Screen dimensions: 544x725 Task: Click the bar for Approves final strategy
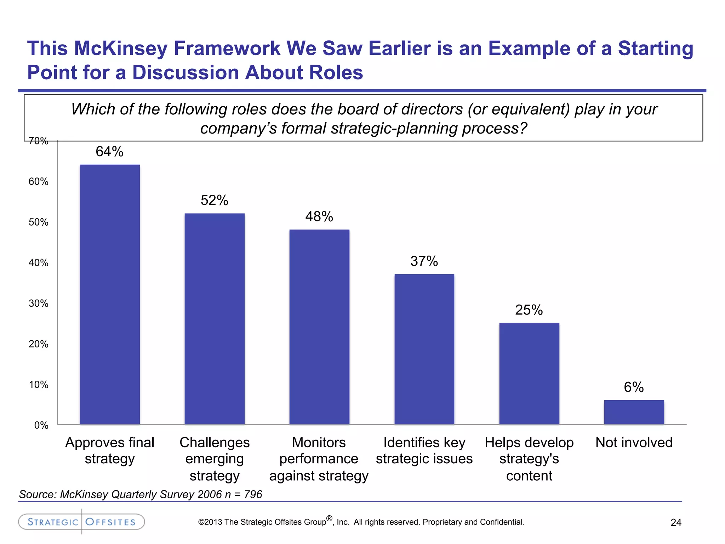110,294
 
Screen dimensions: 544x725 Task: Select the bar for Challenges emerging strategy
215,319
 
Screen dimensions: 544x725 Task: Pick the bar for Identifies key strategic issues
424,349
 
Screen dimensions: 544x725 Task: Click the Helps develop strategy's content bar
529,373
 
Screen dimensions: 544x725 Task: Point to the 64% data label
109,152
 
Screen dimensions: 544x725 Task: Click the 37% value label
424,261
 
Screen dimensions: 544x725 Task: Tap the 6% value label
634,387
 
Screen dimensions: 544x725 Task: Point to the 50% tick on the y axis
39,222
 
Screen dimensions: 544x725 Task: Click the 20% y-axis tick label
39,344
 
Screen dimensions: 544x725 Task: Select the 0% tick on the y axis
41,425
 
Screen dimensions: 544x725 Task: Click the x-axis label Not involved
634,443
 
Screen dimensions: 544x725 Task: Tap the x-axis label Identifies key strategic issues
424,450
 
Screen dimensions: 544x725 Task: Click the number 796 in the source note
253,494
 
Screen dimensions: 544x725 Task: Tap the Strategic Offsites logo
81,522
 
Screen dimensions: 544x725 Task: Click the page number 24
676,523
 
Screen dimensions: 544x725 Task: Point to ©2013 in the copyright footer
210,522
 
